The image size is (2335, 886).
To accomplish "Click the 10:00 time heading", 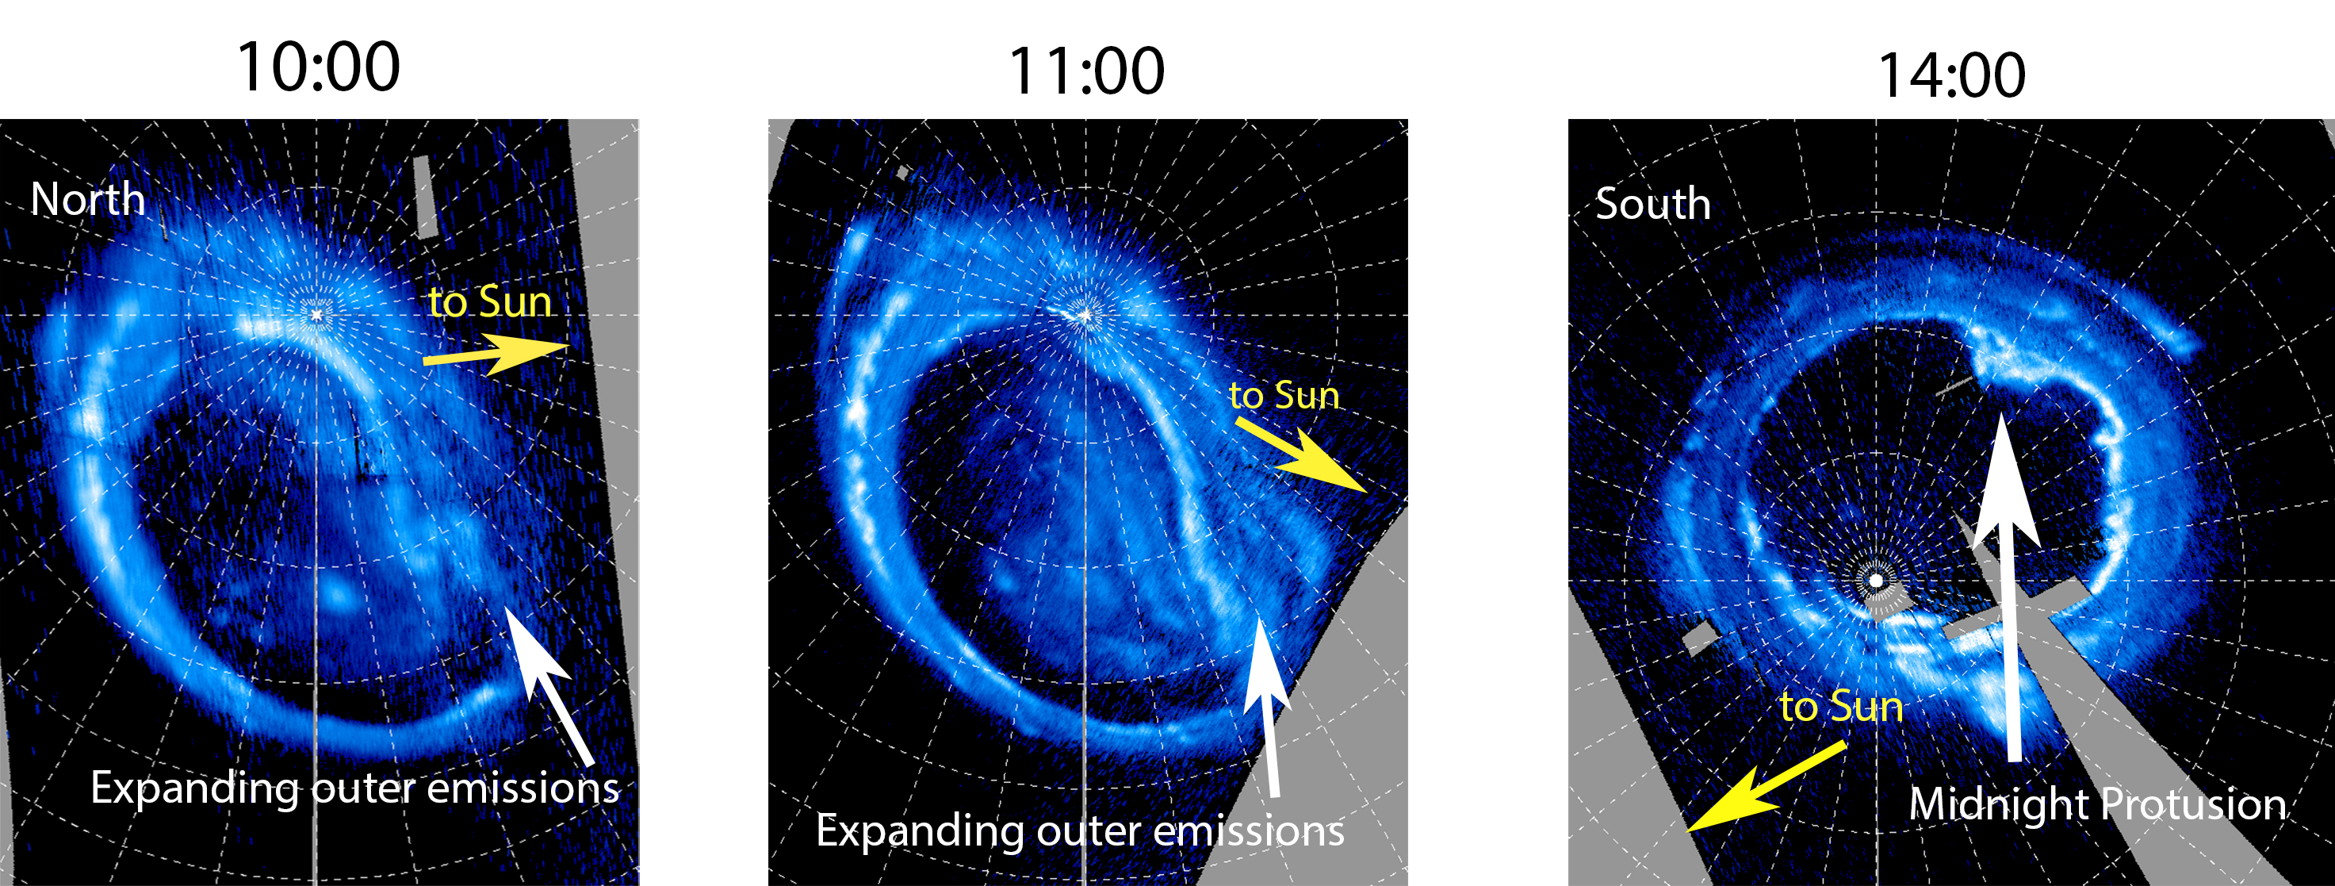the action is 318,67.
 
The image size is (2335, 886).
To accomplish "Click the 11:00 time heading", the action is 1086,71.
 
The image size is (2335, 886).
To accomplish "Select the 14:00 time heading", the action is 1950,75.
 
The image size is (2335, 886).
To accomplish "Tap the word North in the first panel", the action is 88,200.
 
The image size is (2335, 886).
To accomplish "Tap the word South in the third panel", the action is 1653,203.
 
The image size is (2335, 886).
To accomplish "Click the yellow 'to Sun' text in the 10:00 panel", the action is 490,301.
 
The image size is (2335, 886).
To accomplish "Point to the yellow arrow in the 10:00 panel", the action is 496,354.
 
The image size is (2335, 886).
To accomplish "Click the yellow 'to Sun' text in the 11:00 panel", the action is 1284,395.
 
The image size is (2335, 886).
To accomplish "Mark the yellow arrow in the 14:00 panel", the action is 1767,786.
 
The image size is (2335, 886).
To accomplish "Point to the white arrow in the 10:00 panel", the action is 549,686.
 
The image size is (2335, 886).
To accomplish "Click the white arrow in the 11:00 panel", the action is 1267,707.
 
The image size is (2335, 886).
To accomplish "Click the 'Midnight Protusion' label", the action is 2097,804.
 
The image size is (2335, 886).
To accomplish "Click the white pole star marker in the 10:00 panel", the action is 316,314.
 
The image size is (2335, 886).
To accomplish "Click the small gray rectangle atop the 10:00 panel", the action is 426,197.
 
